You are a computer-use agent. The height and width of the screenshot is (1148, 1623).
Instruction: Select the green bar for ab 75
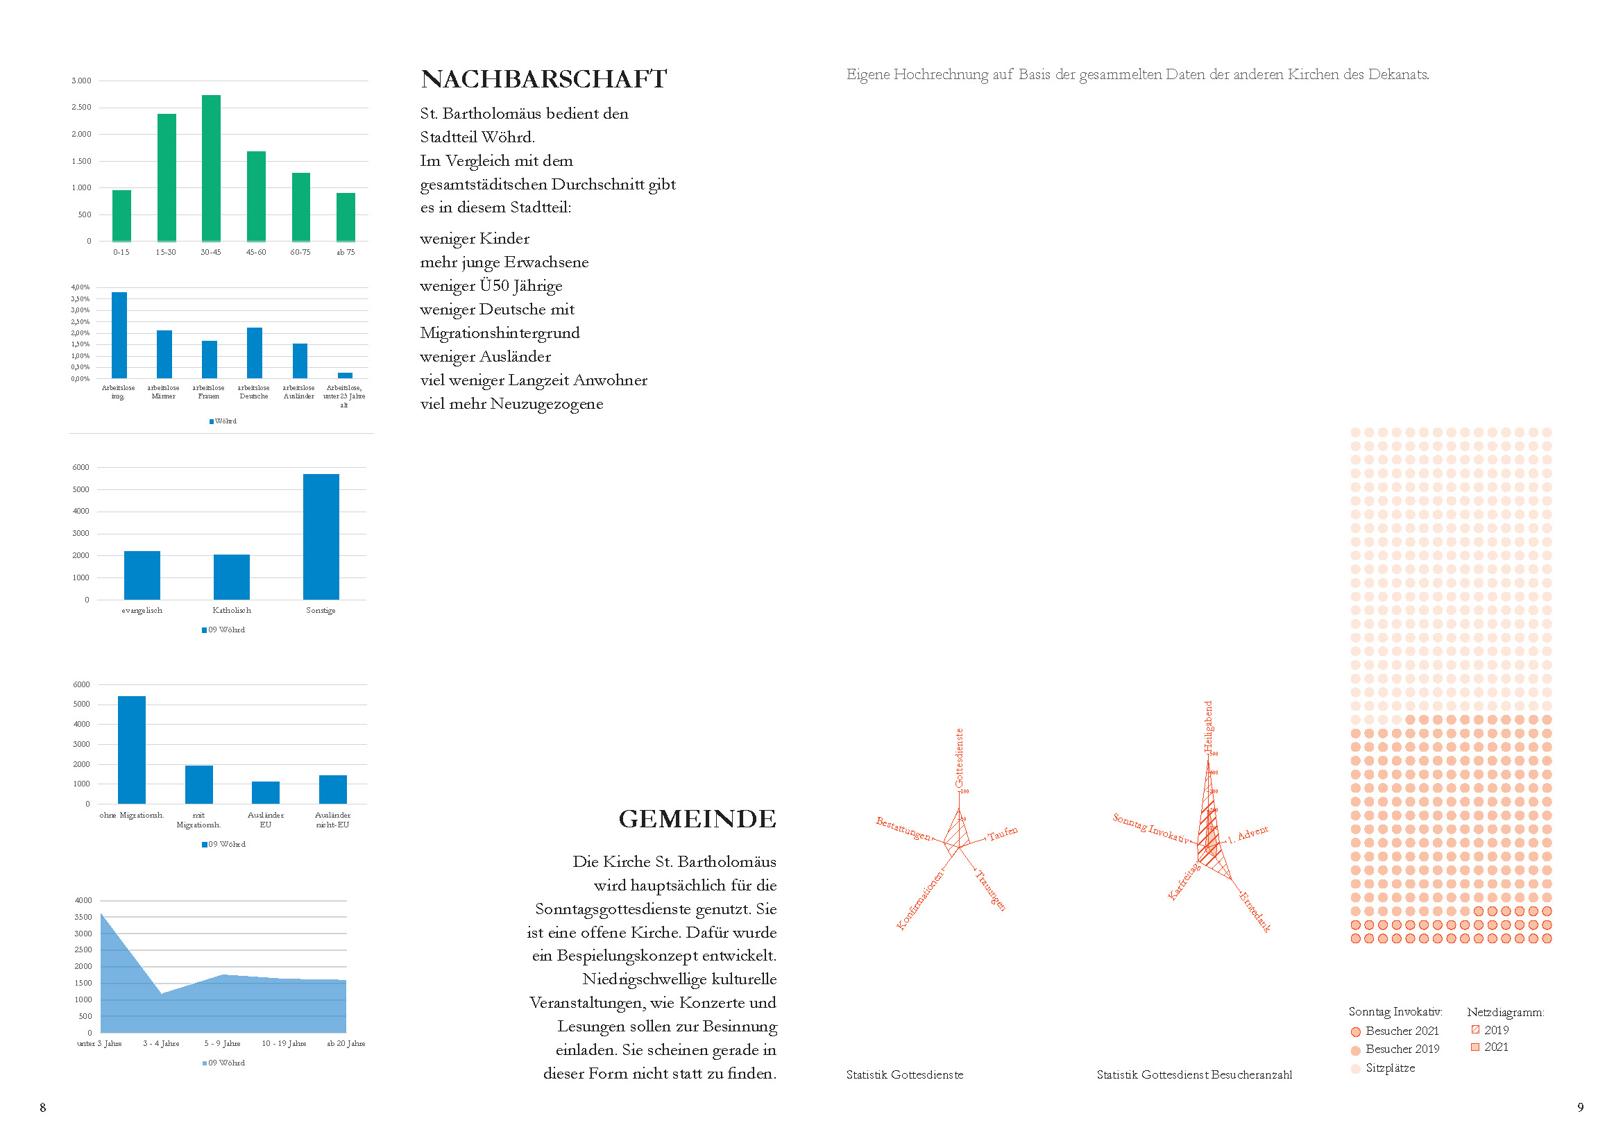[346, 217]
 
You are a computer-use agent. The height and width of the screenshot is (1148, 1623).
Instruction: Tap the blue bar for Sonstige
[321, 537]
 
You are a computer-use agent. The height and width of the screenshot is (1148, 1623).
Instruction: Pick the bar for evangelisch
[142, 575]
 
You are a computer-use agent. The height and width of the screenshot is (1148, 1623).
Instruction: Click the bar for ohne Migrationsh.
[131, 750]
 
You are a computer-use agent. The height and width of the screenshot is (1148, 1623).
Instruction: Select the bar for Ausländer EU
[266, 793]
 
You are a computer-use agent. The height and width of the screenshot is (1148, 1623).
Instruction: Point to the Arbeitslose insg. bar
[119, 335]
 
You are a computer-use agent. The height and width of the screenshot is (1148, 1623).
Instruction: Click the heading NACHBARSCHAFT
[543, 79]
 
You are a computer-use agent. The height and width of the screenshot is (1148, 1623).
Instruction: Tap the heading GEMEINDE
[697, 818]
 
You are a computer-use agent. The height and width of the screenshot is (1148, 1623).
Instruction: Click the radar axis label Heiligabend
[1208, 727]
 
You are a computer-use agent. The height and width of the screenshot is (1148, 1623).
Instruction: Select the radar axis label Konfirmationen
[919, 901]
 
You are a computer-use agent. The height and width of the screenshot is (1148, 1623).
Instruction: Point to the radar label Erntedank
[1255, 912]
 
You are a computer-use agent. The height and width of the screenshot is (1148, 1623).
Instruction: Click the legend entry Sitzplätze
[1390, 1068]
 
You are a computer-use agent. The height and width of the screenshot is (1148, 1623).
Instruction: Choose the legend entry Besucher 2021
[1402, 1031]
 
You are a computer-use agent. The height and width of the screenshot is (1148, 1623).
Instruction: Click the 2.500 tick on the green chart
[81, 108]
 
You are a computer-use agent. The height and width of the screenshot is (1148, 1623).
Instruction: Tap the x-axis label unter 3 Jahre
[100, 1044]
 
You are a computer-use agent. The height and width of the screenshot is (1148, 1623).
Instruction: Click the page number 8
[42, 1108]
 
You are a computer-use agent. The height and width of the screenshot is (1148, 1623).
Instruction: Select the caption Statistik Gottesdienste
[905, 1075]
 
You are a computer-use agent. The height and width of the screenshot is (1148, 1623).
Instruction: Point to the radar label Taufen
[1003, 834]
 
